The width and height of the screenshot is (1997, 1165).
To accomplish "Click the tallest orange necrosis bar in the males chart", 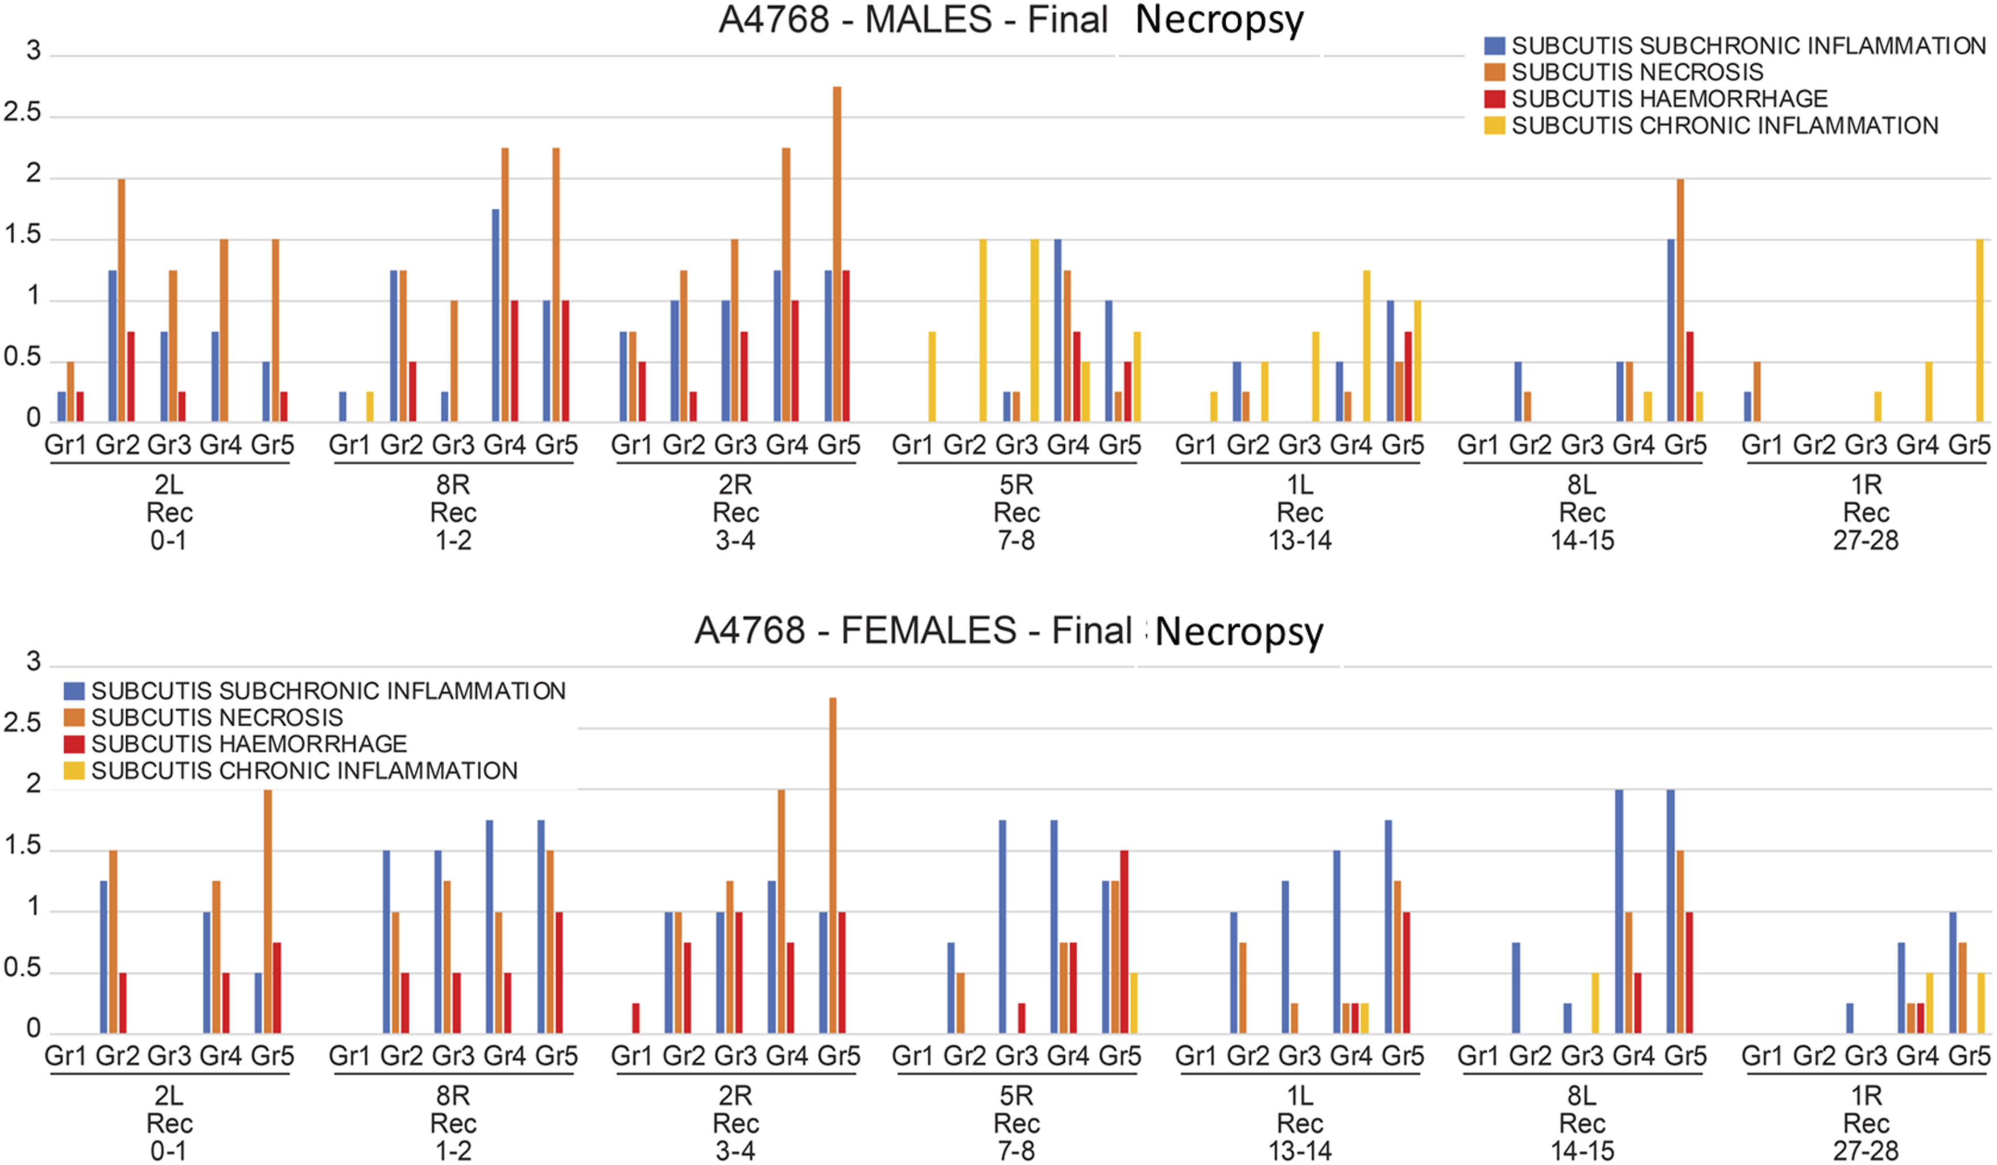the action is pos(837,254).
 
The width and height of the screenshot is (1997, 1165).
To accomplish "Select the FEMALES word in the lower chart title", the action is pos(929,630).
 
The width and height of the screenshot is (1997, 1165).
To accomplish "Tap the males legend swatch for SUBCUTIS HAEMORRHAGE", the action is pos(1494,99).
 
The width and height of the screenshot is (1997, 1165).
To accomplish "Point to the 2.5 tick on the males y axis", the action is pos(22,111).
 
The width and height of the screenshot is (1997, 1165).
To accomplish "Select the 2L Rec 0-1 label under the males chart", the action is pos(169,512).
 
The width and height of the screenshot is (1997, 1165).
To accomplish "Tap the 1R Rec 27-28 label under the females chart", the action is pos(1866,1123).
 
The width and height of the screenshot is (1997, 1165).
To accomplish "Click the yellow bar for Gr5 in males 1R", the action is pos(1979,331).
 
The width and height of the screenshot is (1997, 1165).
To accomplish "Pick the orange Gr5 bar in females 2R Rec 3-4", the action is pos(833,865).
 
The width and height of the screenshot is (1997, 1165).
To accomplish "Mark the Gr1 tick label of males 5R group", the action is pos(913,445).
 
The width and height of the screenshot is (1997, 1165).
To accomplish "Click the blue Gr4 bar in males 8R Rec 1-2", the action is pos(495,315).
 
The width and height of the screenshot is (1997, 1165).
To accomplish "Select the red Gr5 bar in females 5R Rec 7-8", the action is pos(1124,941).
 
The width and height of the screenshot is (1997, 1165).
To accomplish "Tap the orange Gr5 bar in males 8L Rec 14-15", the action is pos(1680,300).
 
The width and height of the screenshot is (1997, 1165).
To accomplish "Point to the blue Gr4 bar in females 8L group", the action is pos(1618,911).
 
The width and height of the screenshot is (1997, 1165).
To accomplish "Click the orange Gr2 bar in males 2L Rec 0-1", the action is pos(121,300).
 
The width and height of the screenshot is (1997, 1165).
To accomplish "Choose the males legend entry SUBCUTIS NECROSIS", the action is pos(1637,72).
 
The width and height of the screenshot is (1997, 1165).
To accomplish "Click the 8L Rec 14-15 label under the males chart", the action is pos(1582,512).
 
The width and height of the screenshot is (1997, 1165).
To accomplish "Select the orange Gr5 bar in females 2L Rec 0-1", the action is pos(268,911).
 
